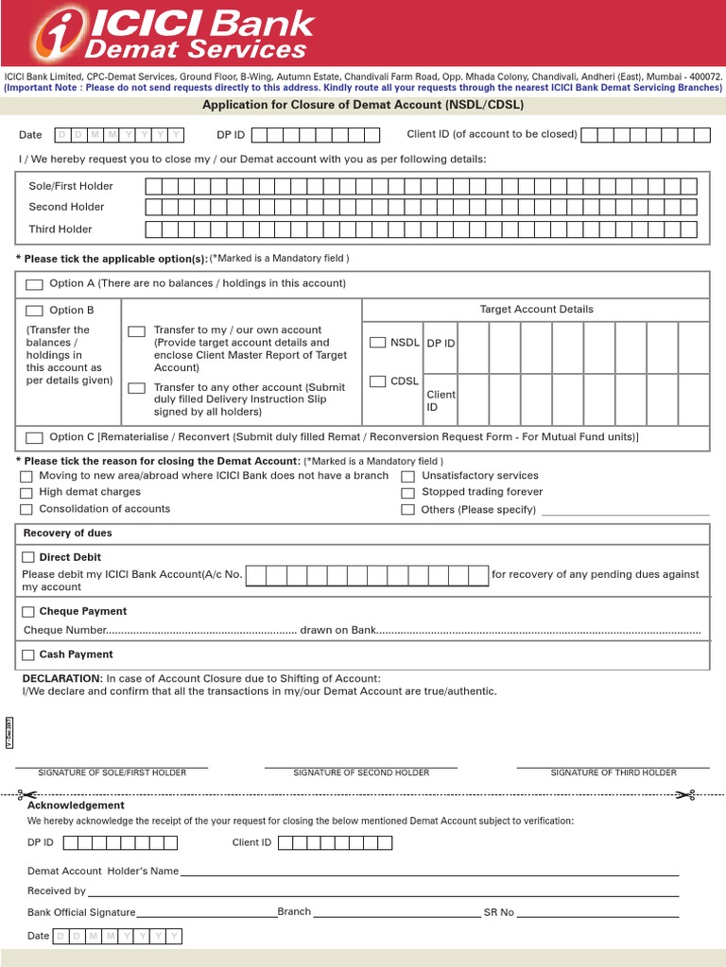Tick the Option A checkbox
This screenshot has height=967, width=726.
[35, 284]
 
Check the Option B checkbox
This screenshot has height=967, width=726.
[35, 311]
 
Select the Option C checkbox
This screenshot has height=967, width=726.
[35, 438]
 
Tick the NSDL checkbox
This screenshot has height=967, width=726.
[377, 343]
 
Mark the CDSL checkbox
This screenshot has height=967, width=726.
[377, 382]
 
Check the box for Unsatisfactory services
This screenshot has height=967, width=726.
[407, 477]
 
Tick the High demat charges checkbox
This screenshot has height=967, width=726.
[26, 493]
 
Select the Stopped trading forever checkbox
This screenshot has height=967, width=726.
[407, 493]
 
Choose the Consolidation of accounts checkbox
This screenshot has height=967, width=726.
[26, 510]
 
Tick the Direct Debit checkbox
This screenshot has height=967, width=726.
[28, 558]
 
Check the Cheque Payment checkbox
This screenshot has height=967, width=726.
[28, 612]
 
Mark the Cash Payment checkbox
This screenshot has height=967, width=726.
[28, 655]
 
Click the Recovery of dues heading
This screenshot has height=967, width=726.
[67, 534]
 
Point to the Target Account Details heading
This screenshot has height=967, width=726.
[536, 310]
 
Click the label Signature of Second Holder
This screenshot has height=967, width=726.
[361, 772]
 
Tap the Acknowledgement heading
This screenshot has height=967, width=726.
[76, 806]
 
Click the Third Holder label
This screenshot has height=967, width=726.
[60, 229]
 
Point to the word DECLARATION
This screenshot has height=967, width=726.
[62, 678]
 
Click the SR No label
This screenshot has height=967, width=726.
[499, 912]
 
